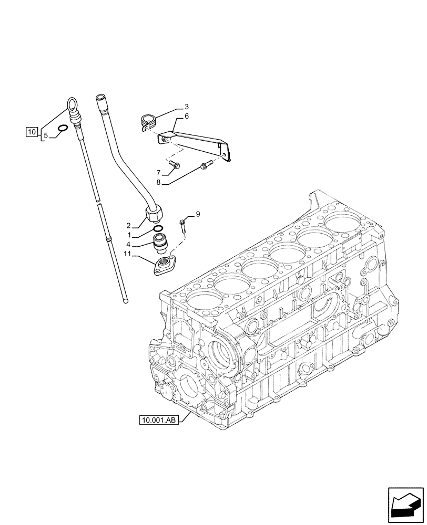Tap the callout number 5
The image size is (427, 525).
(46, 136)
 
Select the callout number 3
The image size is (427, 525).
(179, 108)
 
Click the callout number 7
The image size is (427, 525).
(158, 172)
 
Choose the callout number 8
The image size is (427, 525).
(158, 183)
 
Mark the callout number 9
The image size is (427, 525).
(198, 214)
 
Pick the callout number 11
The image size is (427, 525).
(127, 255)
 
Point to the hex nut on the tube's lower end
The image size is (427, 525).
(154, 214)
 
